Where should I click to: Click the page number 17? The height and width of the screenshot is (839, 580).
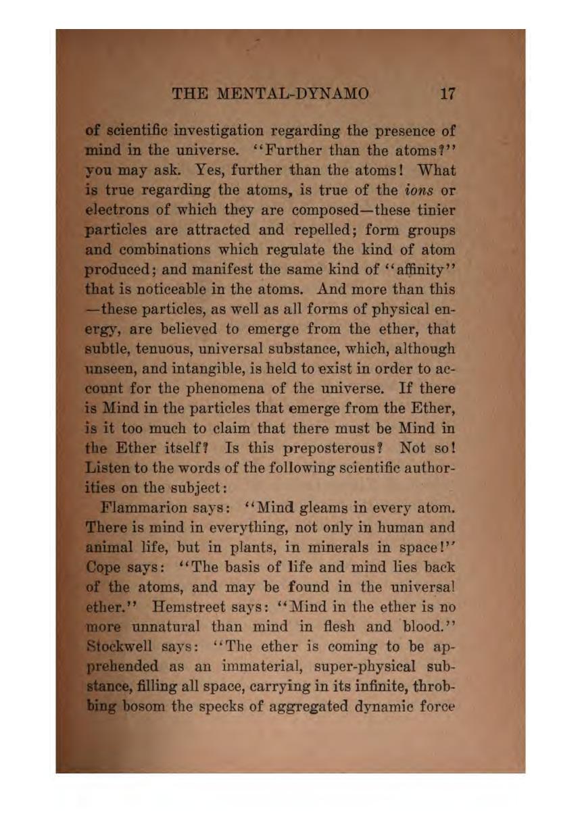coord(446,93)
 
